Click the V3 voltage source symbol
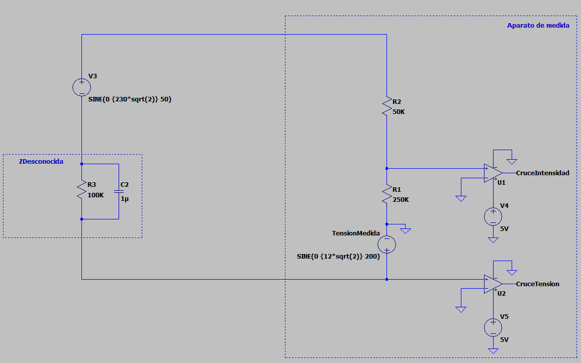pyautogui.click(x=81, y=87)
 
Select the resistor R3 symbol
pyautogui.click(x=81, y=189)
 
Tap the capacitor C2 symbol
pyautogui.click(x=119, y=191)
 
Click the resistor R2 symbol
pyautogui.click(x=387, y=106)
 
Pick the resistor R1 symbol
pyautogui.click(x=387, y=194)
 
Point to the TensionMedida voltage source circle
pyautogui.click(x=387, y=244)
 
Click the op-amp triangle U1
pyautogui.click(x=493, y=173)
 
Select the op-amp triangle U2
pyautogui.click(x=493, y=284)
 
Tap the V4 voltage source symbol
pyautogui.click(x=493, y=217)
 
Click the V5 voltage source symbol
pyautogui.click(x=493, y=327)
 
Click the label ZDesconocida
pyautogui.click(x=41, y=161)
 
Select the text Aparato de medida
pyautogui.click(x=538, y=26)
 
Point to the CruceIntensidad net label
pyautogui.click(x=542, y=173)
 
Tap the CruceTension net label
pyautogui.click(x=538, y=284)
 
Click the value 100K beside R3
pyautogui.click(x=95, y=195)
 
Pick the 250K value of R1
pyautogui.click(x=401, y=199)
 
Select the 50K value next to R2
pyautogui.click(x=399, y=112)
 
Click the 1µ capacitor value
pyautogui.click(x=125, y=199)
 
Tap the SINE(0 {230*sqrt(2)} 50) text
pyautogui.click(x=130, y=99)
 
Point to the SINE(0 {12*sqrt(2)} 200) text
pyautogui.click(x=338, y=257)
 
